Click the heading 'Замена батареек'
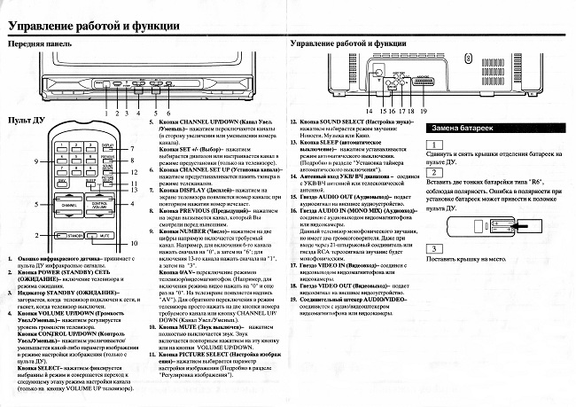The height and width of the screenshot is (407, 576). click(457, 128)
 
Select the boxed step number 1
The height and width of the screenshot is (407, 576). click(434, 145)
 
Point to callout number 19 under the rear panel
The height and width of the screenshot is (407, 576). click(424, 110)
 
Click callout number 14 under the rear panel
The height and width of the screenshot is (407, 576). click(368, 110)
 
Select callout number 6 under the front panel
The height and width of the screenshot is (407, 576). click(167, 113)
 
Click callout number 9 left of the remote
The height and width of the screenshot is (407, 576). click(37, 162)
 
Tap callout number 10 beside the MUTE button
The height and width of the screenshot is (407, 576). click(136, 242)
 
